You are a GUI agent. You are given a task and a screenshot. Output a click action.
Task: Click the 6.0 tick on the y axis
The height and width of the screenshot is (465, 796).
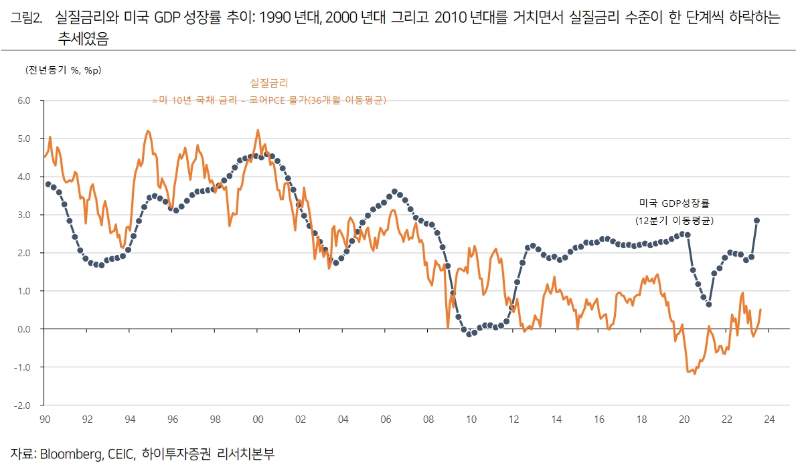click(24, 101)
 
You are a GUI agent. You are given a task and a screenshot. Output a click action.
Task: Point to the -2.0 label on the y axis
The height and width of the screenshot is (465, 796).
click(23, 405)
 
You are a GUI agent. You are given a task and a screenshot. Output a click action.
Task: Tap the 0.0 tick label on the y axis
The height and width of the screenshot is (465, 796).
click(24, 329)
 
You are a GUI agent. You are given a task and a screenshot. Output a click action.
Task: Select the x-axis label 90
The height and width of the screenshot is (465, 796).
click(45, 420)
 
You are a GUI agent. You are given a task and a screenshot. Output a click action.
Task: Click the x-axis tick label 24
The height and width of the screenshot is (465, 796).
click(769, 420)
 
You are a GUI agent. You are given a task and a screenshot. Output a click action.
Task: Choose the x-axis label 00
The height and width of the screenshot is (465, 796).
click(258, 420)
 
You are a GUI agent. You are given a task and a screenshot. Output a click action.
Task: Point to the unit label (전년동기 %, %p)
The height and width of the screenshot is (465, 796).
click(58, 70)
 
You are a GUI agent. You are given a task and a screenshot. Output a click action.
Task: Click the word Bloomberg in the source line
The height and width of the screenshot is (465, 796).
click(70, 453)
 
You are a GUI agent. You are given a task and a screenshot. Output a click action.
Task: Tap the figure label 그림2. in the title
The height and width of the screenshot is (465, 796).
click(27, 18)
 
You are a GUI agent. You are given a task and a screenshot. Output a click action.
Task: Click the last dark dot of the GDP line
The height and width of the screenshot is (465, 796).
click(757, 220)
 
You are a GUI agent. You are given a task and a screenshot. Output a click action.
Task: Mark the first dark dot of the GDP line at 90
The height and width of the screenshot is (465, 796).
click(48, 184)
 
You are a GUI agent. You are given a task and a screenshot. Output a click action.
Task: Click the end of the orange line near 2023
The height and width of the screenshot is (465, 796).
click(761, 310)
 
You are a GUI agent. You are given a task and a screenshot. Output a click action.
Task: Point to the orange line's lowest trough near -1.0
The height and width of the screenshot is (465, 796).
click(694, 373)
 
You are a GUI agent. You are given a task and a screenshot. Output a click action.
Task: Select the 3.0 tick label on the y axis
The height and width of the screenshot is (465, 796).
click(24, 215)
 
